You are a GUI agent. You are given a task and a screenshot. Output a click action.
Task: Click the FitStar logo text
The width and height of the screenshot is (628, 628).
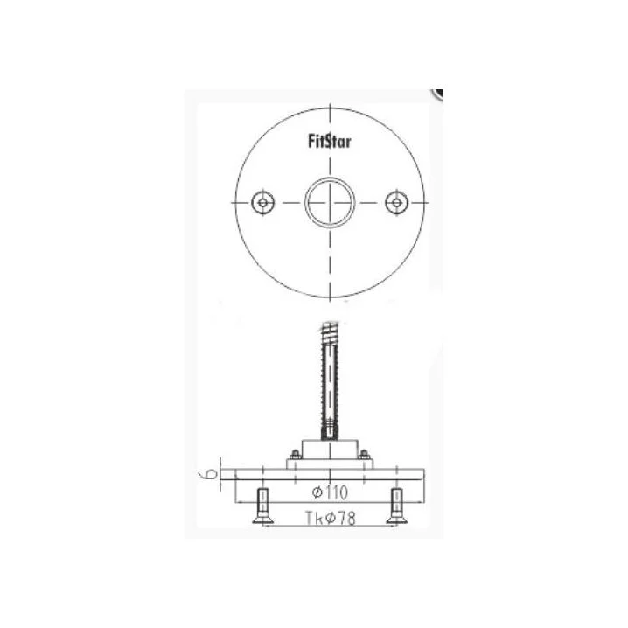click(x=330, y=142)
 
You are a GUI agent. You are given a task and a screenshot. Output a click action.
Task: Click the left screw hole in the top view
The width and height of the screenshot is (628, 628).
click(x=262, y=203)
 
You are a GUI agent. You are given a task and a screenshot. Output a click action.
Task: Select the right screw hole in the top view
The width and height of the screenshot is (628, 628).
click(x=396, y=203)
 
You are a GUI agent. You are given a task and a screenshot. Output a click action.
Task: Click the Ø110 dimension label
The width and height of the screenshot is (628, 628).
click(x=330, y=492)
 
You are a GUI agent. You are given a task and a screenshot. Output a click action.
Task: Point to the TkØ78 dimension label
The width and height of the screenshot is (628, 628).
click(x=331, y=519)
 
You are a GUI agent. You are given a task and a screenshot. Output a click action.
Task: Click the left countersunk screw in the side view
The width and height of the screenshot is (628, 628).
click(x=262, y=506)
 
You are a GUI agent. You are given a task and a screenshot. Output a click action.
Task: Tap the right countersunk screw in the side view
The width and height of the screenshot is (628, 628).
click(x=397, y=506)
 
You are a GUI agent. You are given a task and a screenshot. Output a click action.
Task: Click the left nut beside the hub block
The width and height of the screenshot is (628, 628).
click(x=295, y=455)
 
